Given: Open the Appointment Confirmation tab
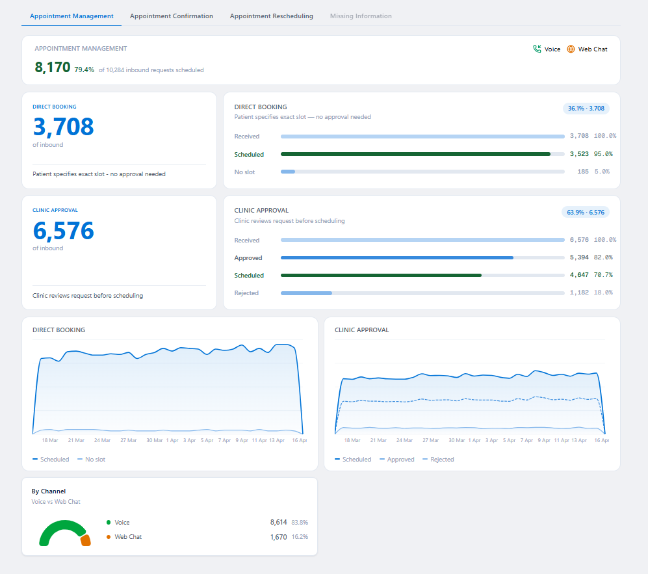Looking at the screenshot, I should pos(171,16).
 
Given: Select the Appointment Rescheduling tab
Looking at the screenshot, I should pos(271,16).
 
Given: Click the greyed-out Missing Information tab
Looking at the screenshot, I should pos(361,16).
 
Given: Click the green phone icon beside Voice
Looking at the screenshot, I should pos(537,49).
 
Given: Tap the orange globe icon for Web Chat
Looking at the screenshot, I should pos(571,49).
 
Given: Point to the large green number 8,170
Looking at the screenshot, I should pos(52,67).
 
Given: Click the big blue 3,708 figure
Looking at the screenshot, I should pos(63,127).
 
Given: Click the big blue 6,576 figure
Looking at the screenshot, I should pos(63,230).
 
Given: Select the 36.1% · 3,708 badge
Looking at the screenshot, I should pos(586,109).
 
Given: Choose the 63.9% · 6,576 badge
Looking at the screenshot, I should pos(585,212).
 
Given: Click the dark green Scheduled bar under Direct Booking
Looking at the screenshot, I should pos(415,154).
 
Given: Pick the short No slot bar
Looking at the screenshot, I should pos(288,172).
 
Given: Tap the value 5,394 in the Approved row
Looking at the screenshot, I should pos(578,258).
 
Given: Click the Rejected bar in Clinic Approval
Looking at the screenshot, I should pos(306,293).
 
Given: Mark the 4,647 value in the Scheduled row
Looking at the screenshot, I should pos(578,275).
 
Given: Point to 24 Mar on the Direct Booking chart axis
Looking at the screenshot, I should pos(101,440).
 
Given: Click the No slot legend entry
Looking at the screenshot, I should pos(92,460).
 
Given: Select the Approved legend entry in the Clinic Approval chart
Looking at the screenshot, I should pos(397,460).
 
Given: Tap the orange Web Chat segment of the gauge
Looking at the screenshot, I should pos(85,540).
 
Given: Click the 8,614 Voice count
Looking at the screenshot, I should pos(278,523).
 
